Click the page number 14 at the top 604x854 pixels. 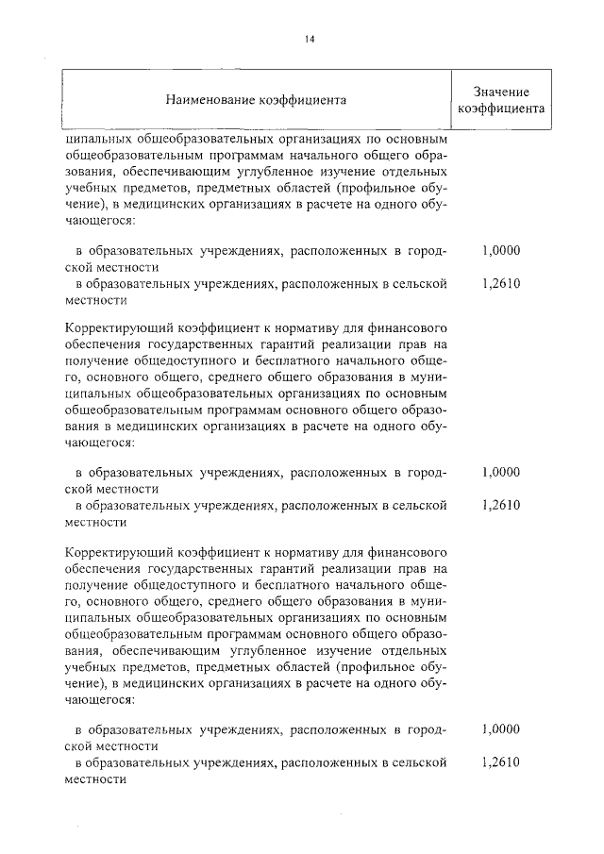pyautogui.click(x=309, y=39)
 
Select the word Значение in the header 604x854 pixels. pyautogui.click(x=500, y=92)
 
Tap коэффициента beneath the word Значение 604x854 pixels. pyautogui.click(x=500, y=109)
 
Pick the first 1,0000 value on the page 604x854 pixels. pyautogui.click(x=500, y=251)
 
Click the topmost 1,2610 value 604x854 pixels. pyautogui.click(x=500, y=282)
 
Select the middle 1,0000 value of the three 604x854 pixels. pyautogui.click(x=500, y=472)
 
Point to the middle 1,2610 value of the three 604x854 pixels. pyautogui.click(x=500, y=504)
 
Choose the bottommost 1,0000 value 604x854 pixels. pyautogui.click(x=500, y=729)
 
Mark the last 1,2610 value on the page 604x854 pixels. pyautogui.click(x=500, y=762)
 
